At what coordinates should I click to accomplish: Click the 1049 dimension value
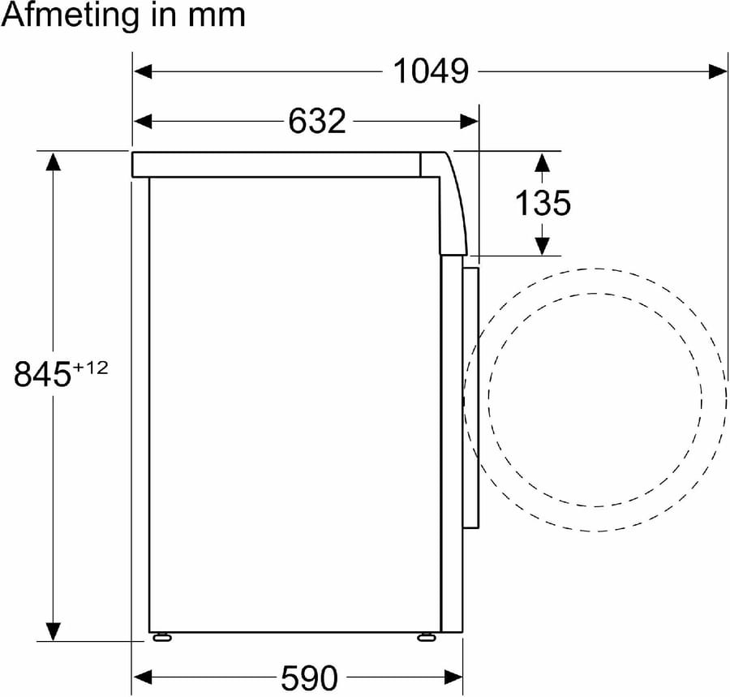431,71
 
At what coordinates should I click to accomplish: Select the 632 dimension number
317,121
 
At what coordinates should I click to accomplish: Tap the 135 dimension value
543,203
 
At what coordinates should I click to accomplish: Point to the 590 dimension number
309,678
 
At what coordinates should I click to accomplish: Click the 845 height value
42,373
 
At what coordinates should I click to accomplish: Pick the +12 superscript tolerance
90,368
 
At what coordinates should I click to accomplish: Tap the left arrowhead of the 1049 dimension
143,71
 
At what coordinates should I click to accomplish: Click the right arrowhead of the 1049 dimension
718,71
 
